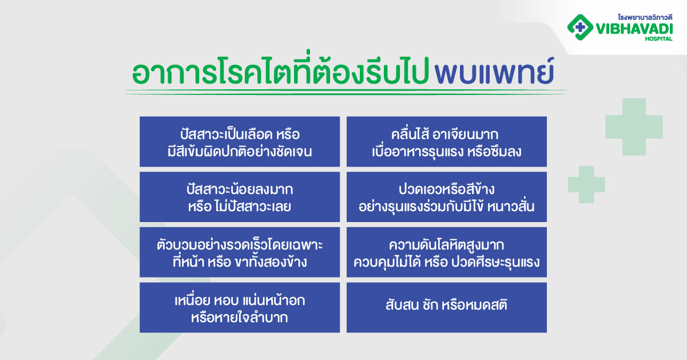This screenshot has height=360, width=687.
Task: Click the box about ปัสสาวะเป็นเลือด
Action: click(240, 142)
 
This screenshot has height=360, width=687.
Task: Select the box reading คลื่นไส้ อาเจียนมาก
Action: click(446, 142)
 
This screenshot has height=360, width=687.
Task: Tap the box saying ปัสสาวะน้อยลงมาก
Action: click(240, 197)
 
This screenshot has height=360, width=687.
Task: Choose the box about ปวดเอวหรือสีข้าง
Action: click(446, 197)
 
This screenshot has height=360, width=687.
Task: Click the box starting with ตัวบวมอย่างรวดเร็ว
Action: click(240, 252)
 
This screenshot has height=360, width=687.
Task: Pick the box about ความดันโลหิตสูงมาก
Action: click(446, 252)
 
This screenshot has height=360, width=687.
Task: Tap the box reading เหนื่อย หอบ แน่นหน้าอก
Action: click(240, 307)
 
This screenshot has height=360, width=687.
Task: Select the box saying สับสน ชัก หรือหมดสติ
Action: click(446, 307)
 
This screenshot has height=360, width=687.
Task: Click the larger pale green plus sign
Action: click(634, 126)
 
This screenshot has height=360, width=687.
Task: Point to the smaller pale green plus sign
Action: click(586, 185)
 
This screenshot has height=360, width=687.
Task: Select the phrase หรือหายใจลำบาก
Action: click(240, 318)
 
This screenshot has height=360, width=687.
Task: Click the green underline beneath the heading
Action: click(346, 92)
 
